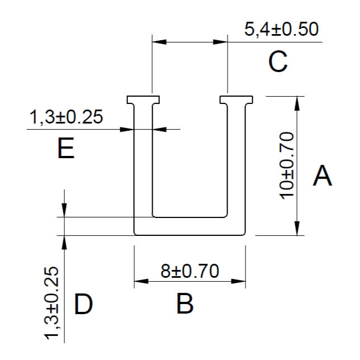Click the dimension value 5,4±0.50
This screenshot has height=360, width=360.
[x=282, y=30]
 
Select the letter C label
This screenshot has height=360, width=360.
[x=278, y=61]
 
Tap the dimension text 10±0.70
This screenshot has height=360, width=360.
[x=287, y=165]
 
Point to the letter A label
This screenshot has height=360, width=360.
[x=323, y=176]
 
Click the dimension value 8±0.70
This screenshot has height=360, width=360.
[x=190, y=271]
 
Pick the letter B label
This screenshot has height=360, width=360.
[x=185, y=304]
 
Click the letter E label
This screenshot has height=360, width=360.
[x=66, y=148]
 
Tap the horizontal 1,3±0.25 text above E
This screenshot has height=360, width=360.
[x=66, y=117]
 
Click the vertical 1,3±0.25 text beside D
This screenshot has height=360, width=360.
[x=51, y=303]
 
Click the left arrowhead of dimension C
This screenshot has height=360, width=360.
[x=159, y=42]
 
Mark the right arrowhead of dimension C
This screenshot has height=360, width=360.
[x=220, y=42]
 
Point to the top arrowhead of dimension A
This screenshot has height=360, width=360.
[x=297, y=103]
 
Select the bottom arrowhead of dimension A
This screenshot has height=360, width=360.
[x=297, y=228]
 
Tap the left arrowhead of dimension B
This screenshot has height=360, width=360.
[x=141, y=281]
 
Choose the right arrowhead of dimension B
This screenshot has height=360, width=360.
[x=239, y=281]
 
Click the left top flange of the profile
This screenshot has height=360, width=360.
[x=143, y=100]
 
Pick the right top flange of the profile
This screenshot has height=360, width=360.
[x=236, y=100]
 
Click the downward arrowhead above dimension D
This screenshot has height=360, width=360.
[x=64, y=210]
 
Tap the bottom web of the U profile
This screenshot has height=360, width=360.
[x=190, y=226]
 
